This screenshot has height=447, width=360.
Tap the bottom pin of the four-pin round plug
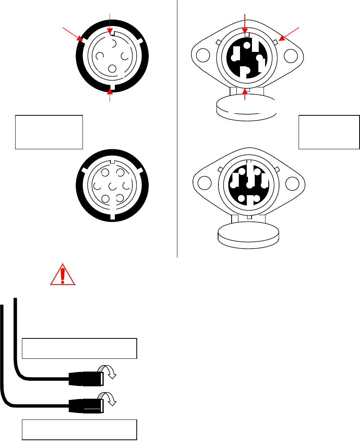[x=112, y=68]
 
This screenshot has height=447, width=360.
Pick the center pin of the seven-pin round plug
[x=112, y=186]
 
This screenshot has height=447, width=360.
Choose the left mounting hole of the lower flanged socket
[x=204, y=183]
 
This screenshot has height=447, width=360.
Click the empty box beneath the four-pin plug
[x=49, y=132]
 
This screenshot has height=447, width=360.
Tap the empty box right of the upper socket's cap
[x=329, y=132]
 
